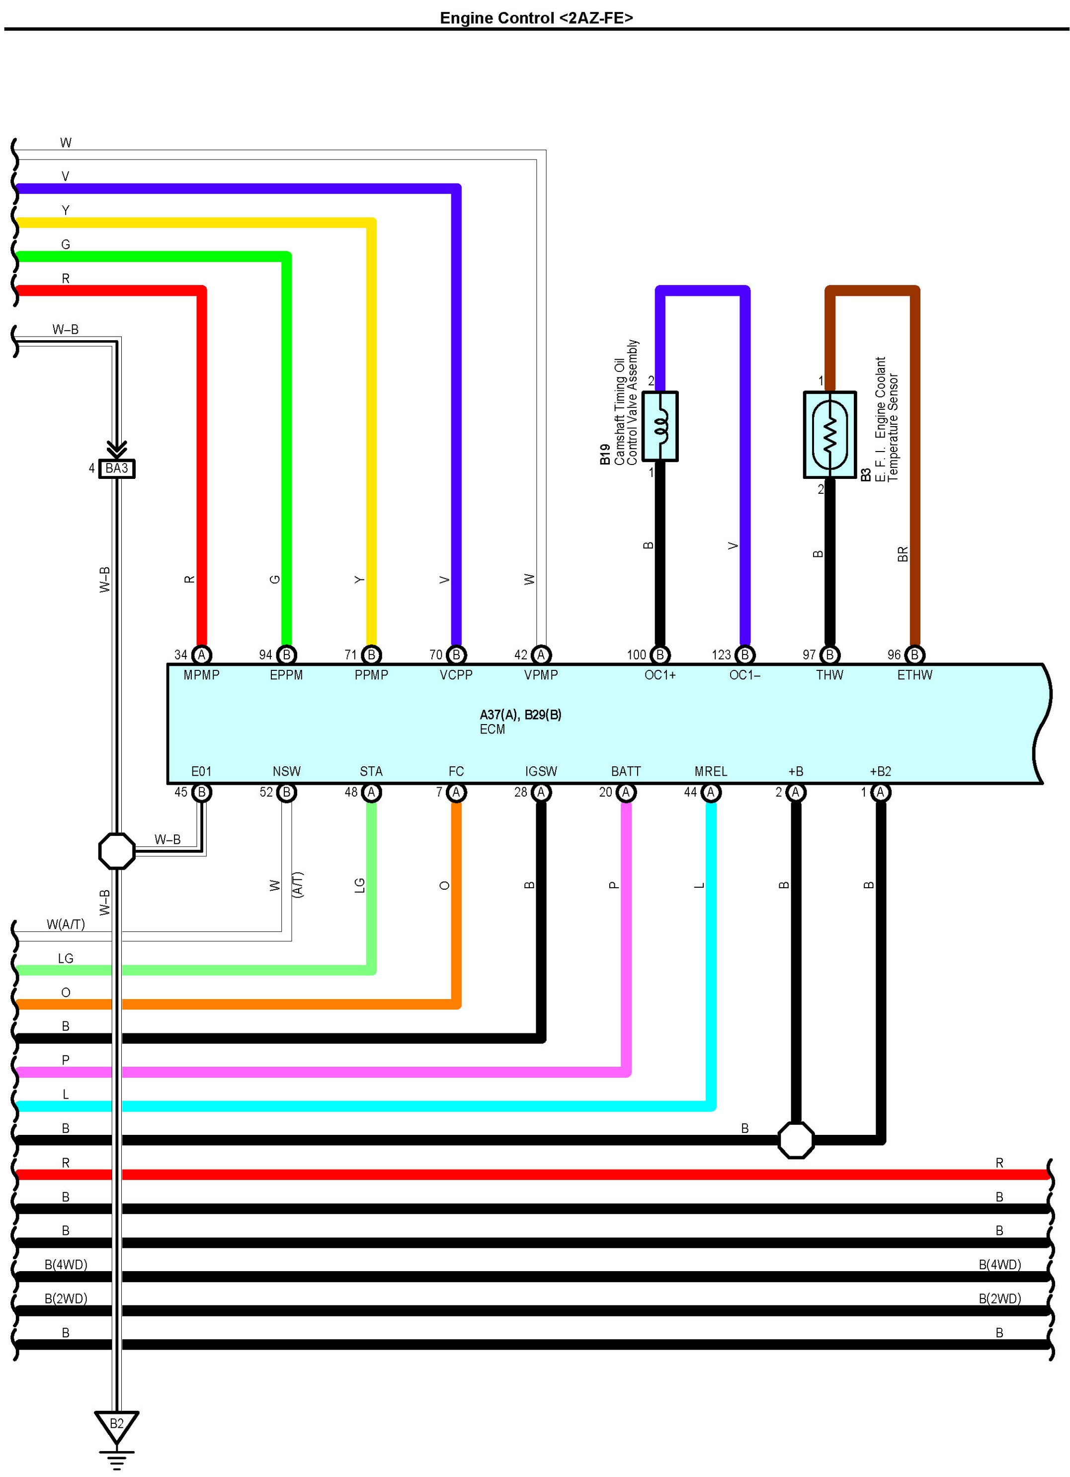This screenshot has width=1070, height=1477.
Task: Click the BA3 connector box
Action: click(x=116, y=468)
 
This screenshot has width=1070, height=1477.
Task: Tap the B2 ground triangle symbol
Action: click(x=116, y=1424)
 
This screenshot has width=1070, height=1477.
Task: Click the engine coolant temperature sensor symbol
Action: click(x=830, y=434)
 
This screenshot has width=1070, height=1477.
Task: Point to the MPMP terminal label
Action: click(x=201, y=675)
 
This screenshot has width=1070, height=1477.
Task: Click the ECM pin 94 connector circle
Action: click(x=286, y=654)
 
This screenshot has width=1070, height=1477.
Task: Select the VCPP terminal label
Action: click(x=456, y=675)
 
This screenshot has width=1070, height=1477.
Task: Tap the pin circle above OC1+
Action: click(x=660, y=654)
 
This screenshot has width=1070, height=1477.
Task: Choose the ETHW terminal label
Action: click(x=914, y=675)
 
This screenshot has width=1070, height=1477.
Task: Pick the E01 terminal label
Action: click(x=201, y=771)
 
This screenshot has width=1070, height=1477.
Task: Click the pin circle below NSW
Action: click(x=286, y=792)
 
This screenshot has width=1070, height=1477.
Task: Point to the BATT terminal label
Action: click(x=626, y=771)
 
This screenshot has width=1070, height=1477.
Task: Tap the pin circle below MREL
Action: click(x=711, y=792)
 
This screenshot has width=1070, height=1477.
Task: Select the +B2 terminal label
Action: click(x=880, y=771)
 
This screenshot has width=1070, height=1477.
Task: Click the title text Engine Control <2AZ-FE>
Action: click(x=536, y=17)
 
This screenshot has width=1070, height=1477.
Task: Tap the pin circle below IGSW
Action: click(x=541, y=792)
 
